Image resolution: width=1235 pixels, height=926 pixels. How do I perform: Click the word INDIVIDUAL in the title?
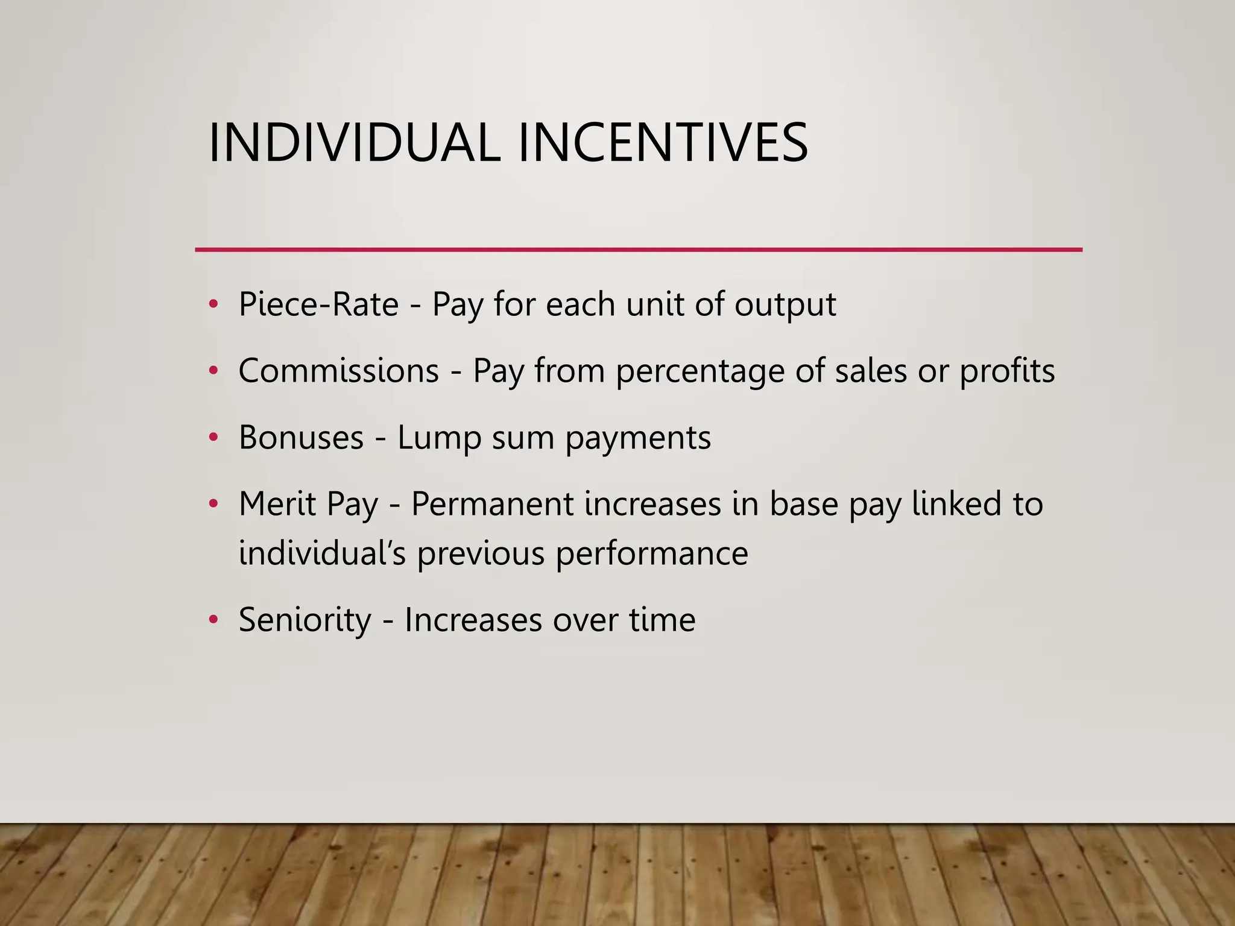tap(354, 143)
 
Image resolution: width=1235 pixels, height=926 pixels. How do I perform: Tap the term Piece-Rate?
tap(318, 304)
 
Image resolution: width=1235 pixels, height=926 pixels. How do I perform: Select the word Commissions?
tap(338, 370)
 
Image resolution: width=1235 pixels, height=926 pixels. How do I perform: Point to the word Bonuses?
tap(301, 437)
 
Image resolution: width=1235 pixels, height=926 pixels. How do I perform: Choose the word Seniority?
tap(305, 619)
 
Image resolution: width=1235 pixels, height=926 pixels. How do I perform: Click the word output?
tap(785, 305)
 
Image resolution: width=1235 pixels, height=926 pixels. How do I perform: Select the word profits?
tap(1006, 370)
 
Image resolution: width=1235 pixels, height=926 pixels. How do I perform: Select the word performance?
tap(651, 553)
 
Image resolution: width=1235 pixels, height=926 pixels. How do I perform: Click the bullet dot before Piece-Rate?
tap(212, 304)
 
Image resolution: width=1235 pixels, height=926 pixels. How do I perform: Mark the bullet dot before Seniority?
tap(212, 619)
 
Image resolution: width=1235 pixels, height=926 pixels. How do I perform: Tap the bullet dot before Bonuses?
tap(212, 437)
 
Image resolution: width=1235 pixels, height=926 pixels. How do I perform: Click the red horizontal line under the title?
tap(638, 249)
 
